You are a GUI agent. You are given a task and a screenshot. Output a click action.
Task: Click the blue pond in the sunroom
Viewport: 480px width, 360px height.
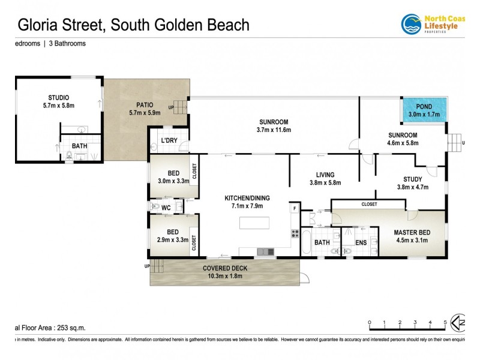(x=424, y=110)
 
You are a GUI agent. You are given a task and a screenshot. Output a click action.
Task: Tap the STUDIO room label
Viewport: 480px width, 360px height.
(x=58, y=98)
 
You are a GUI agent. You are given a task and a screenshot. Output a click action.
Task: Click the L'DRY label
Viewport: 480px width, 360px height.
(x=169, y=141)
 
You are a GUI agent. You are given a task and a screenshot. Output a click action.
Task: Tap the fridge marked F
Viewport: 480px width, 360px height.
(x=295, y=209)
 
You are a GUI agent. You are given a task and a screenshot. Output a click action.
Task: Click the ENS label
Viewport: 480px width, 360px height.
(x=361, y=242)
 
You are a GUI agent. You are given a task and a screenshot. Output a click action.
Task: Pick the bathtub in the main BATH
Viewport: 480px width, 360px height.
(x=307, y=243)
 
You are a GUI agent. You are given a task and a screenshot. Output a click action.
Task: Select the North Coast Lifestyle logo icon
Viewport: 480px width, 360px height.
(x=411, y=24)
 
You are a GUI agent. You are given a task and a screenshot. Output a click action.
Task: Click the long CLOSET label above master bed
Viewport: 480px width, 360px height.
(x=370, y=204)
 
